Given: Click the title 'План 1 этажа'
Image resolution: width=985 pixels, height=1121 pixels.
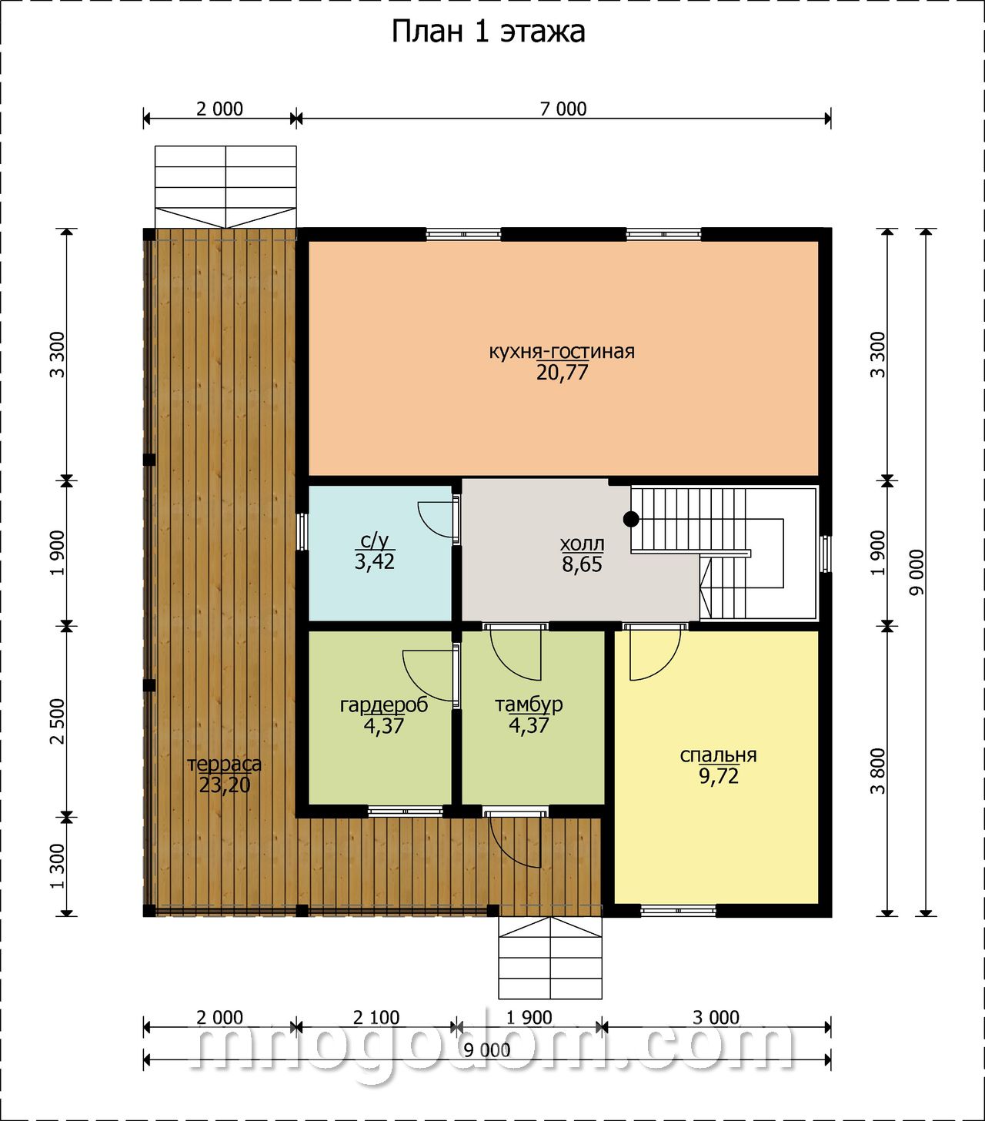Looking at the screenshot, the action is click(488, 32).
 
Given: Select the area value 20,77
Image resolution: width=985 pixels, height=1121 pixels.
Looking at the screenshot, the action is click(561, 373).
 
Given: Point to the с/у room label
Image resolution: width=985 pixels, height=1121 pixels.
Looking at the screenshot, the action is click(375, 540).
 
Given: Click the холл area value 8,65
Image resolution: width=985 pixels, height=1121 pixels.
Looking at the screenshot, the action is click(582, 564).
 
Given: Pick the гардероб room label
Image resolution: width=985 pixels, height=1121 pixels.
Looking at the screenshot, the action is click(384, 705).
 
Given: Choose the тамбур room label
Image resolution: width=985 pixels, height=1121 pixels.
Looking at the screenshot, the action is click(529, 704).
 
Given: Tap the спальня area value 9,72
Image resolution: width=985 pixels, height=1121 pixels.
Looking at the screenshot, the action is click(719, 776).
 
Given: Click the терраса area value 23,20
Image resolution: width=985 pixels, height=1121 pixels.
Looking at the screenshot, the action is click(225, 785).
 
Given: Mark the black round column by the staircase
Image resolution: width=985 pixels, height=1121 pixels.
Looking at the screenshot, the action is click(631, 519).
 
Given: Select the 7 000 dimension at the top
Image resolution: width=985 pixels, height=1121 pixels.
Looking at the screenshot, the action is click(563, 109).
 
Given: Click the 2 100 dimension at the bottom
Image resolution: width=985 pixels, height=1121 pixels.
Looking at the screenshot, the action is click(376, 1018).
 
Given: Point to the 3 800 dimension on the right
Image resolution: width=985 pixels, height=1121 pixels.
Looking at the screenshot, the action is click(878, 771).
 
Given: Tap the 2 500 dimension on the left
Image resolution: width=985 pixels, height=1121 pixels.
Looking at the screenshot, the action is click(58, 721).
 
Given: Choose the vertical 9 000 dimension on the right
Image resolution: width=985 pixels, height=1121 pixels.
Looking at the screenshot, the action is click(917, 573).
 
